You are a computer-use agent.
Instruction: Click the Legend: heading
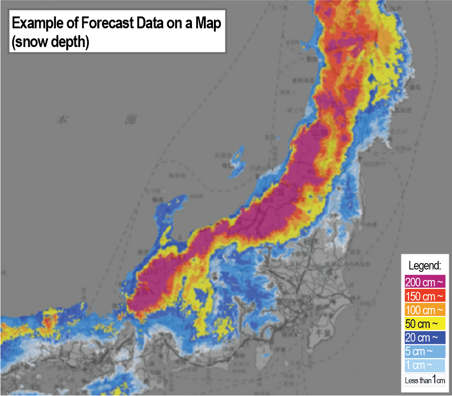point(425,265)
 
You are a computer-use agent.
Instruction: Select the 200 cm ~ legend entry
point(425,282)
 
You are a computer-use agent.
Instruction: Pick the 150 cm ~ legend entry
point(425,296)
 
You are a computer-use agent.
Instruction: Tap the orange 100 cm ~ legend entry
point(425,310)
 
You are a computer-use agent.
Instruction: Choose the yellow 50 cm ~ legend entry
point(425,324)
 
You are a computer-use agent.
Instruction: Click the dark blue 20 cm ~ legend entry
point(425,338)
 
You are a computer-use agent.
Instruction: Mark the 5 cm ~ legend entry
point(425,352)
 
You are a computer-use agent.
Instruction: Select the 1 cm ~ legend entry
point(425,366)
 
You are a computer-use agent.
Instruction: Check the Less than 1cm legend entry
point(425,380)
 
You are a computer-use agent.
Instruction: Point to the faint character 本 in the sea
point(61,120)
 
